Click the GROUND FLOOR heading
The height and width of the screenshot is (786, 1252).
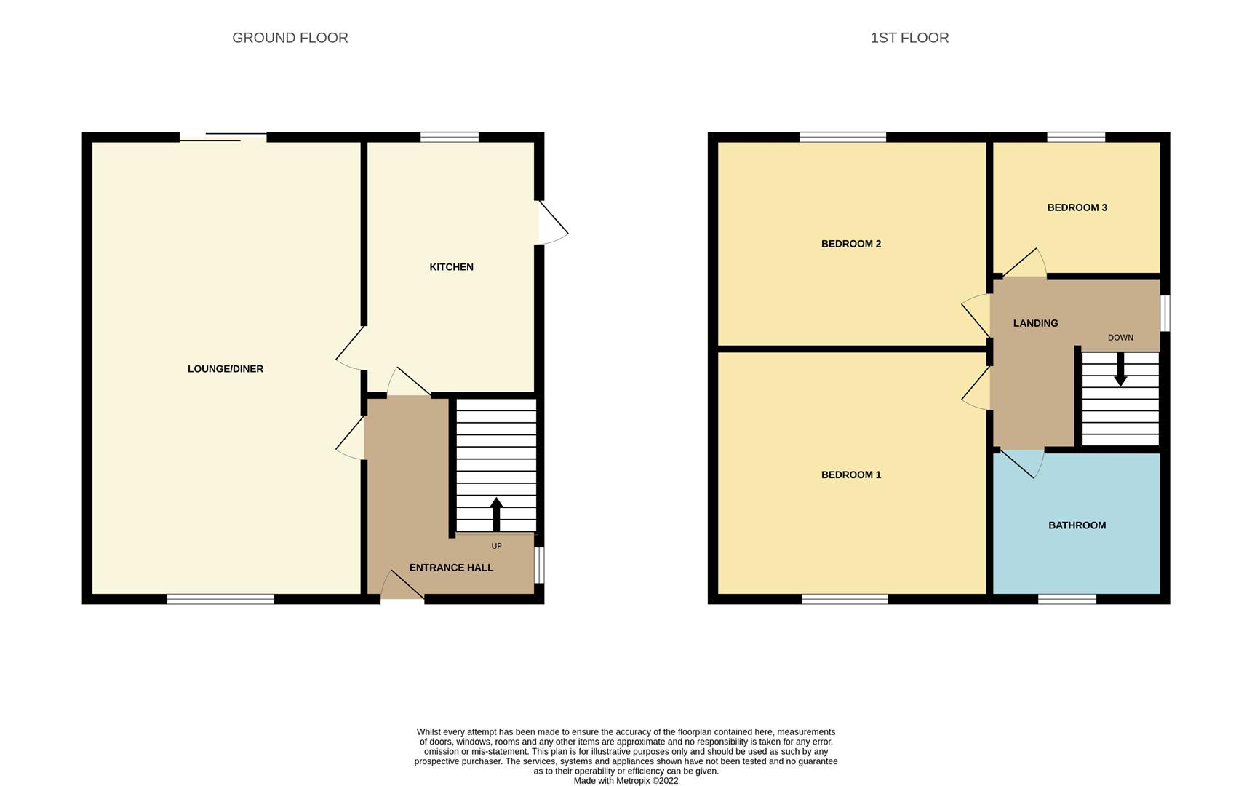[290, 38]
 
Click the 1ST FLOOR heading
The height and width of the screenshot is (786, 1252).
[909, 38]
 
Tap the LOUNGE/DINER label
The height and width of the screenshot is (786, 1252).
[226, 369]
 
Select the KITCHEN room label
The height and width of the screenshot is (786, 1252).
[451, 267]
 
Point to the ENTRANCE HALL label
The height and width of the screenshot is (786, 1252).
[451, 568]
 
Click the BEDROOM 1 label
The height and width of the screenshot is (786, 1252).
[850, 475]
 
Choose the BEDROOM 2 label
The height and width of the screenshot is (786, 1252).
[850, 244]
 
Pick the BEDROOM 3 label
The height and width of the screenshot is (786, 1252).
[1077, 207]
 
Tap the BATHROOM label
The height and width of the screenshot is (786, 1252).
[1077, 525]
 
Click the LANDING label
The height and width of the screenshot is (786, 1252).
[1035, 323]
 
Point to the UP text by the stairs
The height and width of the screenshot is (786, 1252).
[496, 546]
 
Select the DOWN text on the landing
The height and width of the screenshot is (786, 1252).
[1120, 338]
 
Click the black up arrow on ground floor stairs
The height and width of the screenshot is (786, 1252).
[496, 513]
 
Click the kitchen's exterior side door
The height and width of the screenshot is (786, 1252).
[551, 223]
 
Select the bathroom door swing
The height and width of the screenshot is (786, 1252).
[1021, 463]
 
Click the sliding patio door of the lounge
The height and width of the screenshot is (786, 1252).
[223, 137]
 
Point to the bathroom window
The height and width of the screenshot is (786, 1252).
[1066, 599]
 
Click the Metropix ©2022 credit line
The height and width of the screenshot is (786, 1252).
[626, 781]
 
